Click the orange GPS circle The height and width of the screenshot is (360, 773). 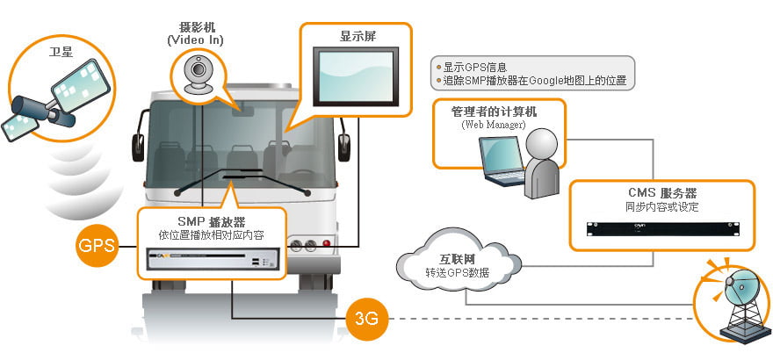coord(97,245)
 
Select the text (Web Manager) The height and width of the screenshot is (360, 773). coord(493,126)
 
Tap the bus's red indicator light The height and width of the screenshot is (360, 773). coord(327,243)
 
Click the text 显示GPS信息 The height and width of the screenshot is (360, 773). coord(474,67)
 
